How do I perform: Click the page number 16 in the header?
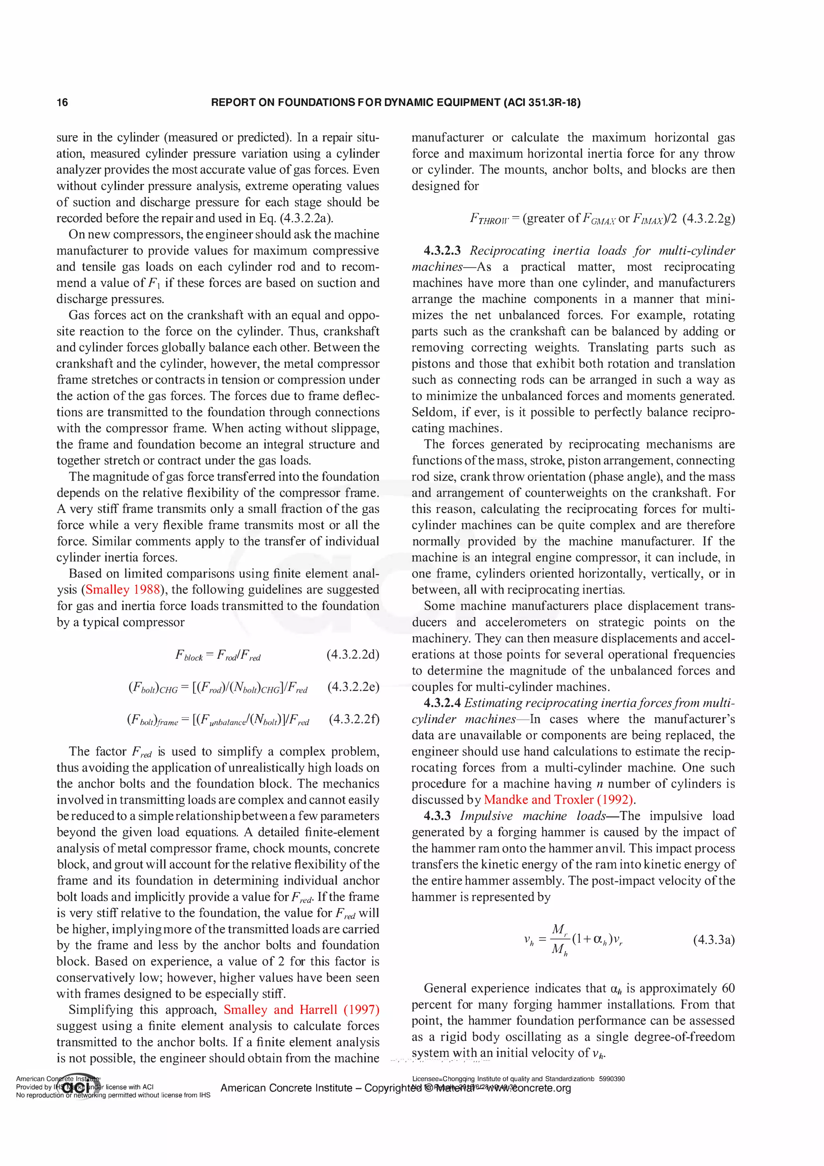click(x=62, y=103)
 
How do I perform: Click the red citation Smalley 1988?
click(x=123, y=590)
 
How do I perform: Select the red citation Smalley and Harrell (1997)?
click(x=302, y=1009)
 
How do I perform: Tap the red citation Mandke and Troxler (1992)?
click(x=558, y=800)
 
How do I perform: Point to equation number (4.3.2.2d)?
click(x=352, y=654)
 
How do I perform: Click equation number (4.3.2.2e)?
click(x=353, y=687)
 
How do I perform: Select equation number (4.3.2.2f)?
click(x=354, y=720)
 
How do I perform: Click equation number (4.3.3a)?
click(x=713, y=940)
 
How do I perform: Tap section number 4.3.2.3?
click(x=442, y=251)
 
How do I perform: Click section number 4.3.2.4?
click(x=442, y=704)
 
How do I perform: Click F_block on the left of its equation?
click(x=189, y=656)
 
